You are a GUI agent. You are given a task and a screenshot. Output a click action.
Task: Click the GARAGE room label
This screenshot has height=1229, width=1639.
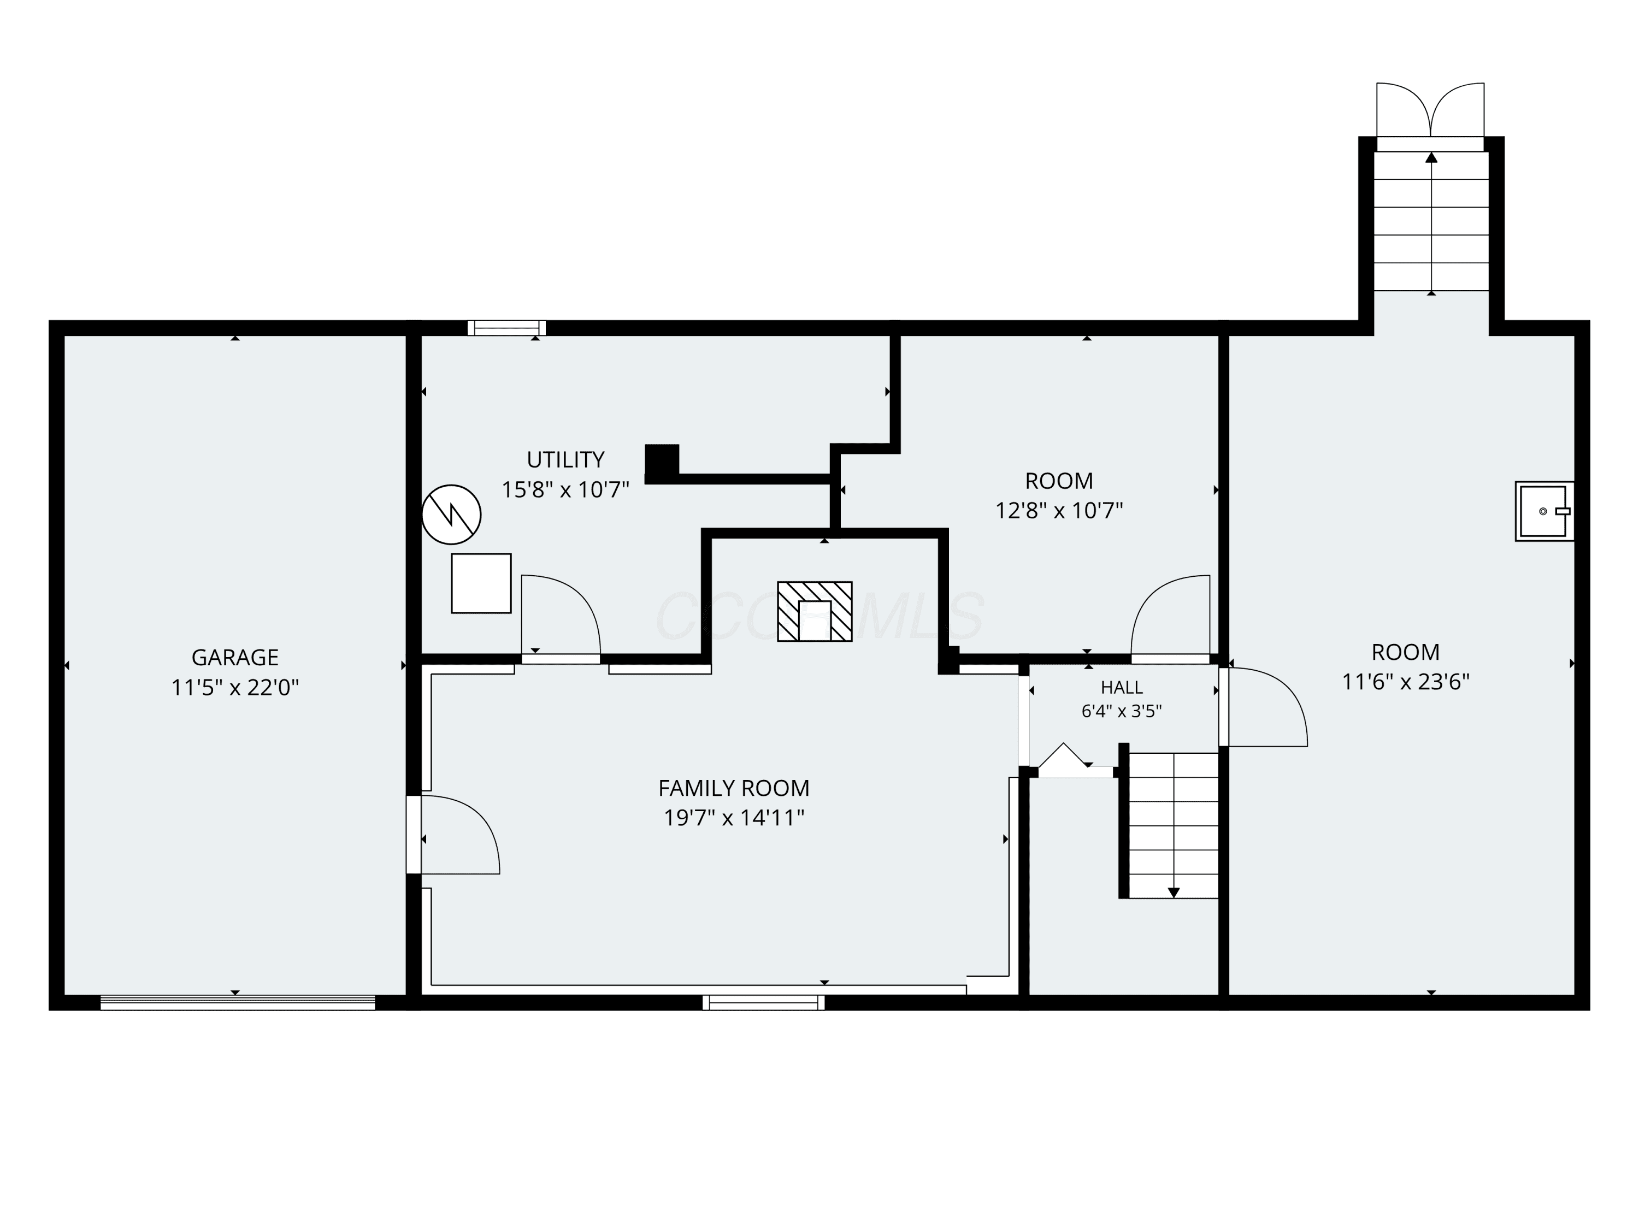tap(235, 657)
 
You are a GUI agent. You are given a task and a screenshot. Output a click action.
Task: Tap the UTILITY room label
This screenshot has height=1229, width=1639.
tap(565, 459)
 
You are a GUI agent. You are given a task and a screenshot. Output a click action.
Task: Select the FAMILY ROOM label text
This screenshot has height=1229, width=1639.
tap(734, 788)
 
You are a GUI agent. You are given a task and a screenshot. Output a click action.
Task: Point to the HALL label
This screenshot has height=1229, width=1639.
tap(1122, 688)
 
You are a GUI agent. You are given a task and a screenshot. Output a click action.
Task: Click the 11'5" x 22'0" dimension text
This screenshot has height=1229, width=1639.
tap(235, 688)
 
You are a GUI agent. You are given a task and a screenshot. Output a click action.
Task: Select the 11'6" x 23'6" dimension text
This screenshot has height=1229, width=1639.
tap(1406, 682)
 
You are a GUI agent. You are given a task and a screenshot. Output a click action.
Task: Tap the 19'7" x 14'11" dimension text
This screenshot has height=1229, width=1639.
tap(734, 818)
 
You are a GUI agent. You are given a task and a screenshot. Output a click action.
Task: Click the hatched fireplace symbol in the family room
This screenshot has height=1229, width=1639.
tap(815, 611)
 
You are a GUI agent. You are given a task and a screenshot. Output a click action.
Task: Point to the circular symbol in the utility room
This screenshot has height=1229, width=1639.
tap(451, 514)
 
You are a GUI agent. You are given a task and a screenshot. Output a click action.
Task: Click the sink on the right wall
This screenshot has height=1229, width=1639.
tap(1544, 511)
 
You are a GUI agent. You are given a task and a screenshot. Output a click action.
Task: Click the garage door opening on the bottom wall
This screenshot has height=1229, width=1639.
tap(238, 1002)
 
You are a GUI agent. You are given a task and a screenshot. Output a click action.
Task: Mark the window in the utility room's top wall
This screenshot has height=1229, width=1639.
tap(507, 327)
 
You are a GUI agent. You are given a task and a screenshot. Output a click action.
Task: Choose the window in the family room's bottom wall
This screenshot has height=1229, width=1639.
tap(763, 1002)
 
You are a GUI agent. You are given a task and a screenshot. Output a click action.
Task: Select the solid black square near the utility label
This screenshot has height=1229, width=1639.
tap(662, 460)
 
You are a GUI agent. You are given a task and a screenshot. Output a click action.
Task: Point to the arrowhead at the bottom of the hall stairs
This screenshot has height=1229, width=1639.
tap(1174, 893)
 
